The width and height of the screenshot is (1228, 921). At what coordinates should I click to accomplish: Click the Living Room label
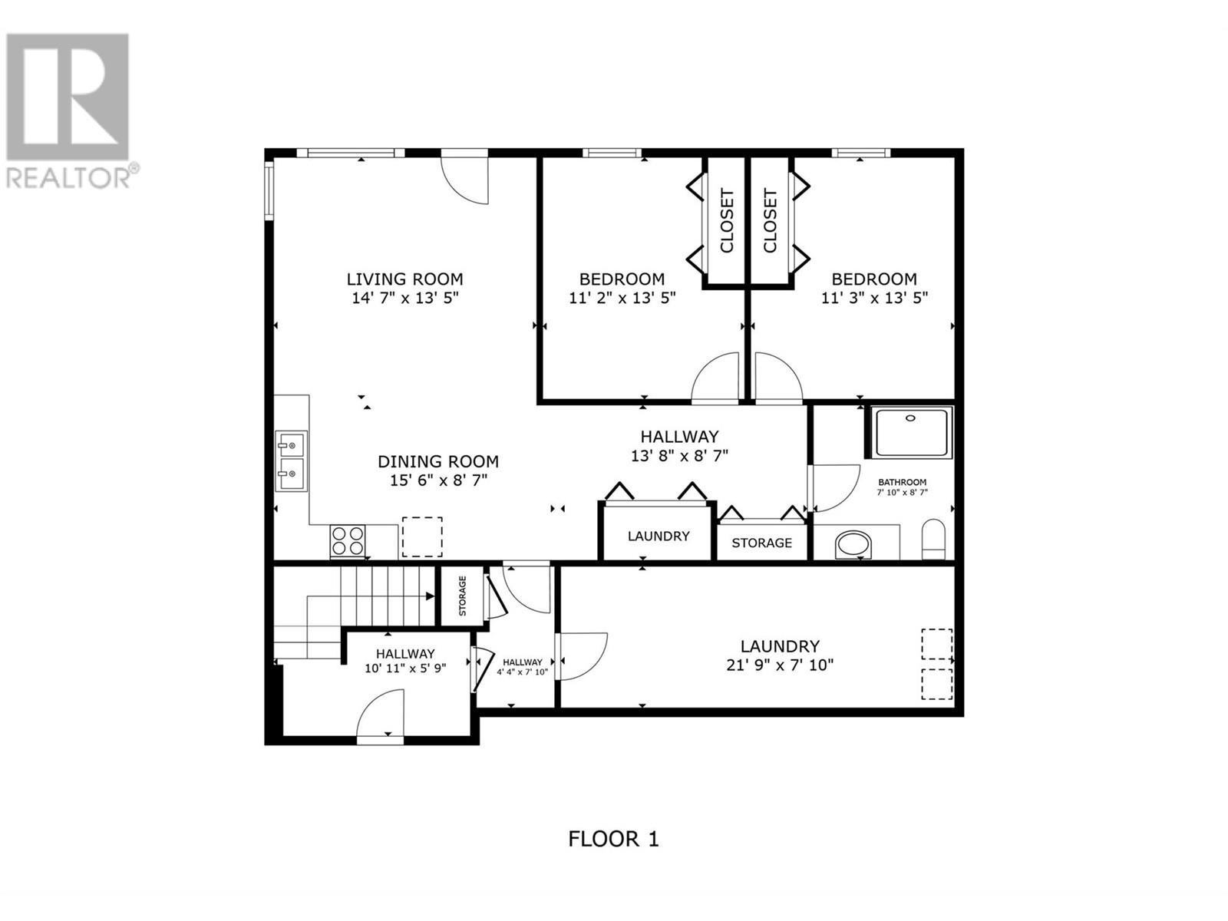tap(404, 279)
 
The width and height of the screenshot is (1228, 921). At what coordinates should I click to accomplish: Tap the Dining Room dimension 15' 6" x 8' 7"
tap(438, 480)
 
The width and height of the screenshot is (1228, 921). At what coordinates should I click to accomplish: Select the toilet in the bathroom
tap(933, 539)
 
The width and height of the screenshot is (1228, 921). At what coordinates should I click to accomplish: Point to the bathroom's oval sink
tap(853, 545)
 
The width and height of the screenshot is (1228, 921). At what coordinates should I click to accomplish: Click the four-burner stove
tap(348, 541)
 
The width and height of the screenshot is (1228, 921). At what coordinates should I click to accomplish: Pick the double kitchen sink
tap(291, 460)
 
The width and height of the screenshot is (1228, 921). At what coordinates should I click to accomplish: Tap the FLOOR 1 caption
tap(614, 854)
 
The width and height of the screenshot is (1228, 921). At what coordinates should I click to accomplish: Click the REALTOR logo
tap(68, 111)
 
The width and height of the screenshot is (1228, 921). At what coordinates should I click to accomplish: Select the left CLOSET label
tap(726, 222)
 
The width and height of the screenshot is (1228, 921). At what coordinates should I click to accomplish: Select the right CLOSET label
tap(770, 222)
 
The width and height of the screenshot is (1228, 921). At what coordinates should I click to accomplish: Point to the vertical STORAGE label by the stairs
tap(463, 596)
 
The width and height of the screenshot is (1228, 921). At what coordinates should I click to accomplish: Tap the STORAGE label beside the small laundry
tap(761, 543)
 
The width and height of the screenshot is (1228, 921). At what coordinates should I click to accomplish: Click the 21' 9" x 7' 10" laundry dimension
tap(780, 665)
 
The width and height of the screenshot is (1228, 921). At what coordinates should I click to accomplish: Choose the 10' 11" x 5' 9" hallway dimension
tap(405, 668)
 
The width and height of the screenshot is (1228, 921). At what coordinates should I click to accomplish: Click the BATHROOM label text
tap(902, 482)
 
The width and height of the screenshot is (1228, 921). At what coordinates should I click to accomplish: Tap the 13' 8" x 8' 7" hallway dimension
tap(679, 456)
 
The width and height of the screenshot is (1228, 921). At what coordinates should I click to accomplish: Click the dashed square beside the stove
tap(422, 536)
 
